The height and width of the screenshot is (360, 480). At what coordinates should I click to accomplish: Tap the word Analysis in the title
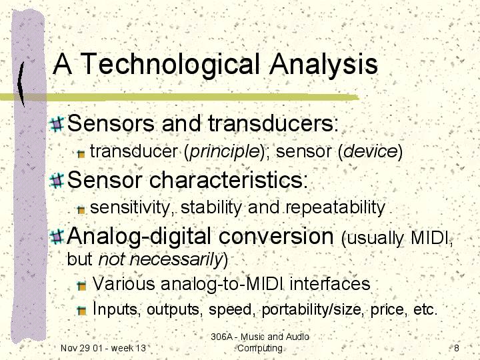(323, 64)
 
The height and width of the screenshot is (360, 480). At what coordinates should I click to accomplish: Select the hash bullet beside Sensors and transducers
(57, 124)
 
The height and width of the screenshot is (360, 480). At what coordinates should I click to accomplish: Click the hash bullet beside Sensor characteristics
(57, 180)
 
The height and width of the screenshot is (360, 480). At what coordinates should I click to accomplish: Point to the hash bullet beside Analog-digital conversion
(57, 237)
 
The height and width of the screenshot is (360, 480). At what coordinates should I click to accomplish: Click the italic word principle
(225, 152)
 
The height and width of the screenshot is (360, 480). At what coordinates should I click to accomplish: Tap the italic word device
(371, 151)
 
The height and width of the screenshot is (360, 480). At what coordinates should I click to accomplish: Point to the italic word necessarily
(176, 259)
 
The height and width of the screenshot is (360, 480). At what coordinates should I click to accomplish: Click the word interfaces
(330, 284)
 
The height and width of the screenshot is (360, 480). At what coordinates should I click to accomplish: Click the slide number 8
(457, 348)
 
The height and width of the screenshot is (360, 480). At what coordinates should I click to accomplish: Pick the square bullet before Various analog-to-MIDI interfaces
(82, 285)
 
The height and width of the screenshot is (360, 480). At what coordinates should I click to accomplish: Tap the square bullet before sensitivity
(81, 210)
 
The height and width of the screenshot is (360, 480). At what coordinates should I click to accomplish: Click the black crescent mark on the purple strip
(21, 83)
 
